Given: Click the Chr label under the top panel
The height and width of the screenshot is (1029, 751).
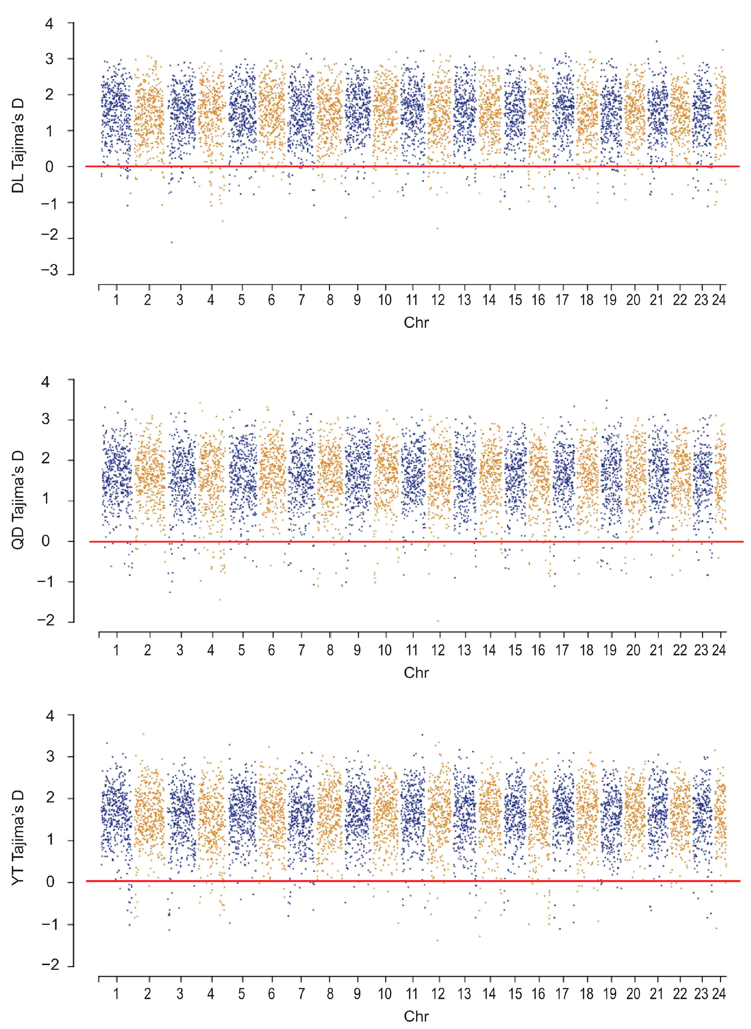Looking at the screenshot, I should coord(416,323).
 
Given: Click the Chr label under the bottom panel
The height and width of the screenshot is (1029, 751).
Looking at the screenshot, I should coord(416,1016).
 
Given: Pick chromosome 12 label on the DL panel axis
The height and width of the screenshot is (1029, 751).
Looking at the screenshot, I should coord(438,300).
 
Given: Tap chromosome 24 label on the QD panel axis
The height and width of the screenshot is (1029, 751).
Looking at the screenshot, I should coord(719,651).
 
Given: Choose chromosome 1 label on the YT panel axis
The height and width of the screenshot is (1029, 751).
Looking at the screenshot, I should coord(116,994).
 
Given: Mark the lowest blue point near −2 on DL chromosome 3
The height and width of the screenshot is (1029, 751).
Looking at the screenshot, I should coord(171,242).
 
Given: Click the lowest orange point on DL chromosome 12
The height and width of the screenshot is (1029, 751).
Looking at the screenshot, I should coord(437,228).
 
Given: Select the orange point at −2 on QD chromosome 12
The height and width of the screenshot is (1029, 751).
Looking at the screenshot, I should coord(438,621).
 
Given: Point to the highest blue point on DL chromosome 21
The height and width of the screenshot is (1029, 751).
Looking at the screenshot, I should coord(656,41).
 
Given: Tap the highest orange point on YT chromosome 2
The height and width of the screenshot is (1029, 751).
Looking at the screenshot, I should coord(144,734).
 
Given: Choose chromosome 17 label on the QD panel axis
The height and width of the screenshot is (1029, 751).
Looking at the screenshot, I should coord(562,651).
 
